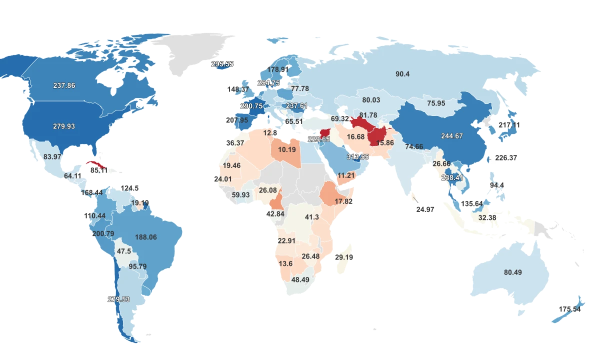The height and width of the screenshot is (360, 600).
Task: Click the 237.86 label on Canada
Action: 64,85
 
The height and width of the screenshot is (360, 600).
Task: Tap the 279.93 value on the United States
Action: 64,126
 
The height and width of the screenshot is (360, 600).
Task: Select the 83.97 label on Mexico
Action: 52,156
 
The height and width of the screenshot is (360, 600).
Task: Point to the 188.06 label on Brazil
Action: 145,237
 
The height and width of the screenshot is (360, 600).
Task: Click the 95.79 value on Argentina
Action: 137,266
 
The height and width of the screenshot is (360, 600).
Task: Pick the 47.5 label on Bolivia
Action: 123,251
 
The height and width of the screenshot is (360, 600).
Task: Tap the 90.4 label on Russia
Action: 402,74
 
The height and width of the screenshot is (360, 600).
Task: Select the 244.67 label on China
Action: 452,136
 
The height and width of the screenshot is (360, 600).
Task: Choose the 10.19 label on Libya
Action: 286,149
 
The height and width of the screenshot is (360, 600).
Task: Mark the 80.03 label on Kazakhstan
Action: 371,100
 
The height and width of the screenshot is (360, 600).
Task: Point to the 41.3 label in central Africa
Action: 311,217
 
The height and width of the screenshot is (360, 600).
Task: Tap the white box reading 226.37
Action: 506,157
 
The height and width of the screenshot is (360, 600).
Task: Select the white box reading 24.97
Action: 425,209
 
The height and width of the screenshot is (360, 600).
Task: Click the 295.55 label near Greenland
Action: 222,64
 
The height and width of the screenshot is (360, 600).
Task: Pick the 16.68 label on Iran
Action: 355,136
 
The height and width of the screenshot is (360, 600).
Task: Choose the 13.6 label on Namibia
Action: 286,263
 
